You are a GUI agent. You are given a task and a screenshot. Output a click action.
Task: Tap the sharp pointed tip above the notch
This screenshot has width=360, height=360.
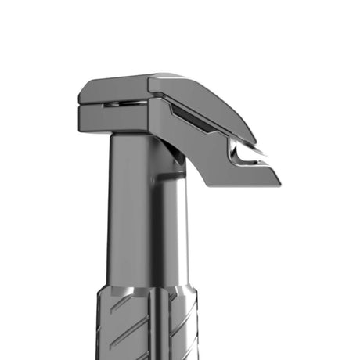coord(261,147)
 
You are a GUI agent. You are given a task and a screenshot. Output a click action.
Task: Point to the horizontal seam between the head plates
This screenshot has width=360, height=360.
coord(117,104)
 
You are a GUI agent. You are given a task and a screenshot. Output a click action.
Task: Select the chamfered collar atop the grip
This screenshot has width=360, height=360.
coord(145,290)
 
